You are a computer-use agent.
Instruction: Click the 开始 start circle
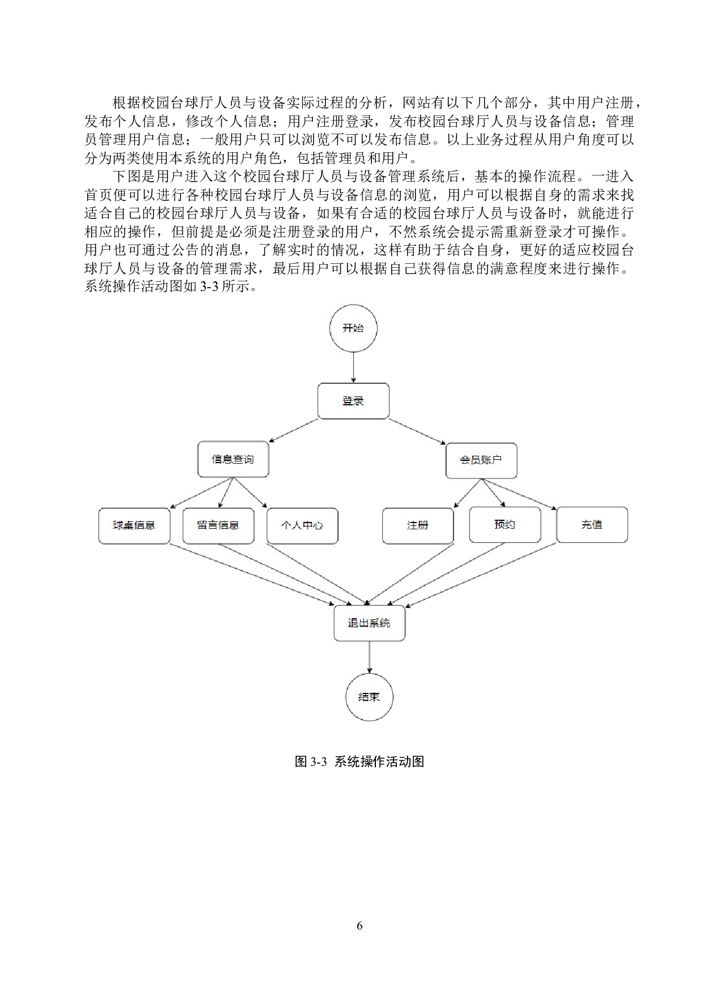tap(353, 328)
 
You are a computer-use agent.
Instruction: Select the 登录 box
tap(353, 401)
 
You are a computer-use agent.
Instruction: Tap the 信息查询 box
tap(233, 459)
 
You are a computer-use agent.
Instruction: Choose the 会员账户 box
tap(481, 460)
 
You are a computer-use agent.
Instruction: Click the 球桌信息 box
tap(134, 525)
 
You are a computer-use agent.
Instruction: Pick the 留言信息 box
tap(218, 525)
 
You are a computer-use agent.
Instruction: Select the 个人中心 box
tap(302, 525)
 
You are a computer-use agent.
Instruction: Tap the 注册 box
tap(418, 525)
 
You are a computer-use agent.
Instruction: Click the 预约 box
tap(505, 525)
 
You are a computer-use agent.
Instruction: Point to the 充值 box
tap(592, 525)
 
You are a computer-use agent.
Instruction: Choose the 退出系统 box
tap(369, 623)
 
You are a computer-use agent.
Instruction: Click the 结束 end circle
tap(369, 697)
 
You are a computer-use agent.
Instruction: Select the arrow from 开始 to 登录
tap(353, 367)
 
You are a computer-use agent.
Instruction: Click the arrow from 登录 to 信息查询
tap(294, 430)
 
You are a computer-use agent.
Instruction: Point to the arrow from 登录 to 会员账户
tap(417, 431)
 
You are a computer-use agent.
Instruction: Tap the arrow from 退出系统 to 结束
tap(369, 657)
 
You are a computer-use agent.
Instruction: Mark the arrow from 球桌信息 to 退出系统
tap(252, 575)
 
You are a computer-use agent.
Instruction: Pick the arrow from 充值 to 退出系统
tap(481, 575)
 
